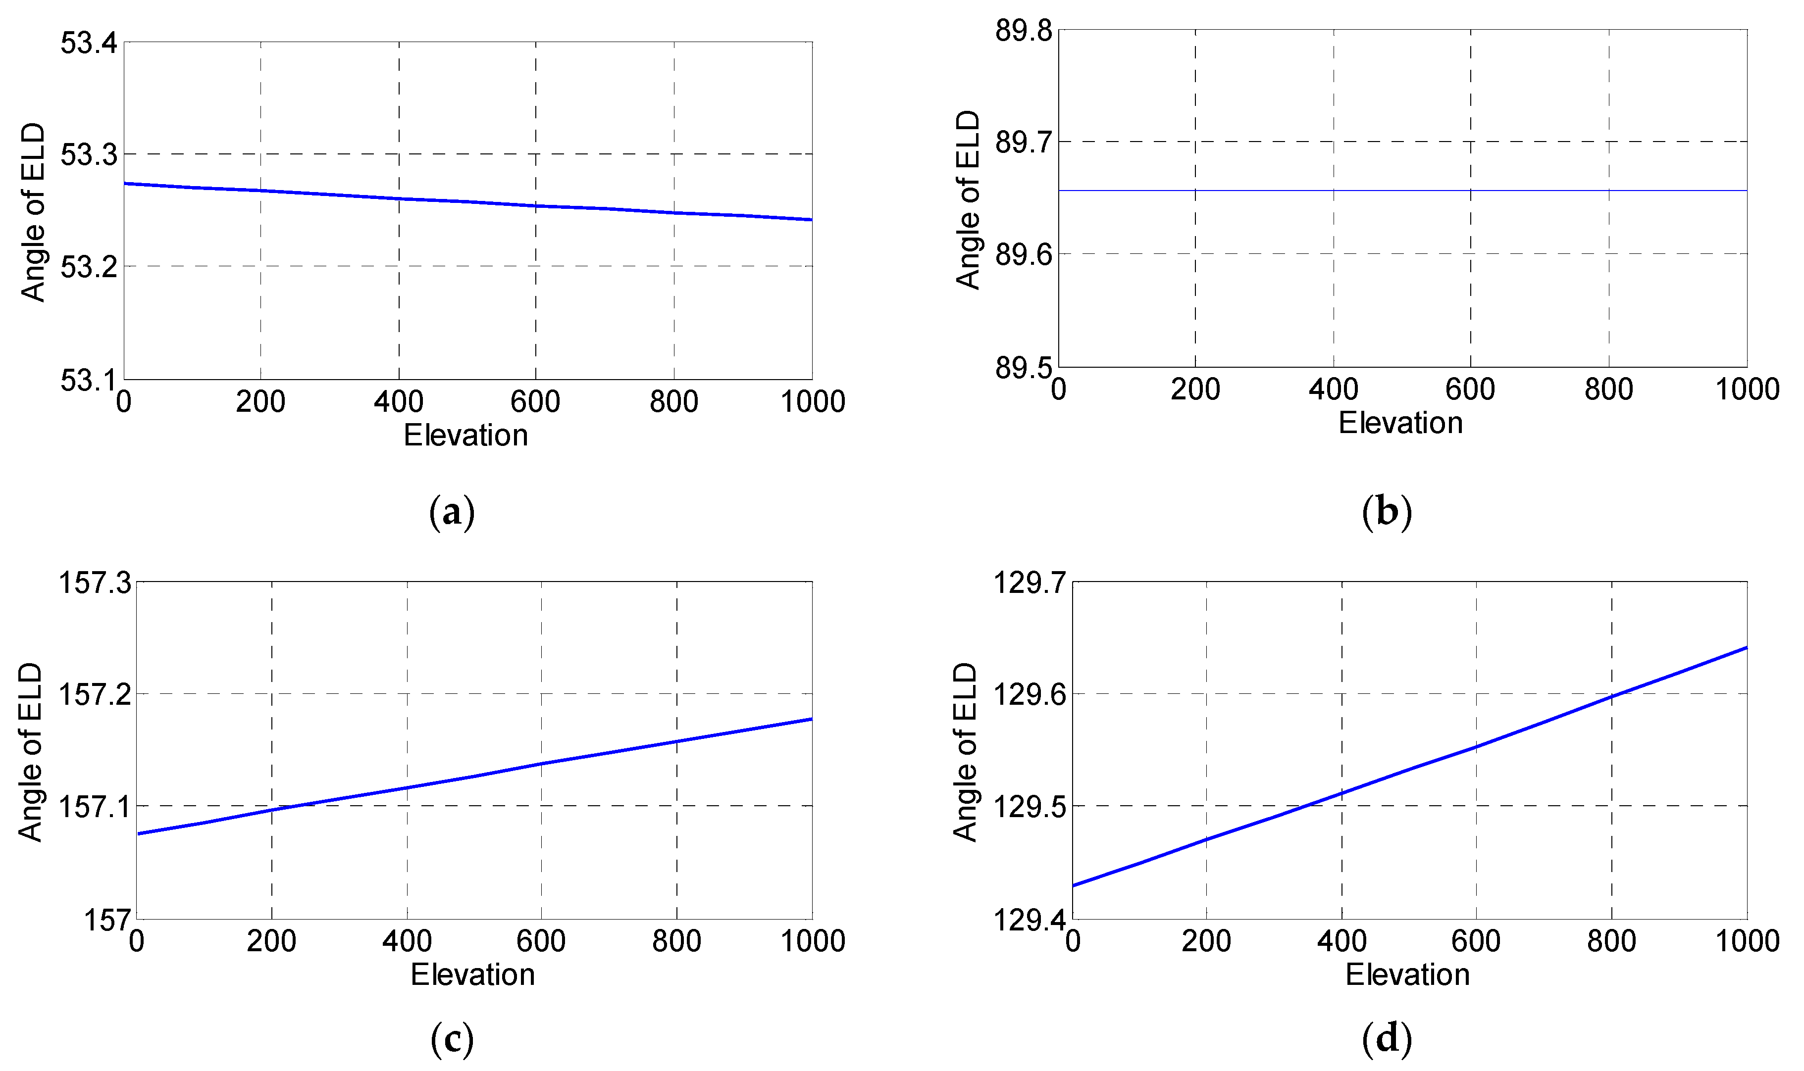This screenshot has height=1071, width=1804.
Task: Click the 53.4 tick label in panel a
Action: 88,43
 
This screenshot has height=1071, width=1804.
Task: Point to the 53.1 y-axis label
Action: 88,380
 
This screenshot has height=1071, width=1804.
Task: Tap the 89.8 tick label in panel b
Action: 1023,31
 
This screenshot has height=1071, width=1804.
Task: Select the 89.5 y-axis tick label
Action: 1023,368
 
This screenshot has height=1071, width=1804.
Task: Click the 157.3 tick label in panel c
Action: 95,583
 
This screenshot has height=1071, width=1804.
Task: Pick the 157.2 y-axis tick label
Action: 95,694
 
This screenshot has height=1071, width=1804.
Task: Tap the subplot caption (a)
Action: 452,512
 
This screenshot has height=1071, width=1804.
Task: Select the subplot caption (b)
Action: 1386,512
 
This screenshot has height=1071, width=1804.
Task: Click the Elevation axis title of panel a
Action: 465,435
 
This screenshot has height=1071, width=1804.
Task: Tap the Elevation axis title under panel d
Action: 1407,975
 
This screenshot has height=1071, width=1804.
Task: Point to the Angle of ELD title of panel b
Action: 967,200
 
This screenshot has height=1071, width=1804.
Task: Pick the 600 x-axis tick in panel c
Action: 541,941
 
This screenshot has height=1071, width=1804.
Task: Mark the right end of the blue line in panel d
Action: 1746,647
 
